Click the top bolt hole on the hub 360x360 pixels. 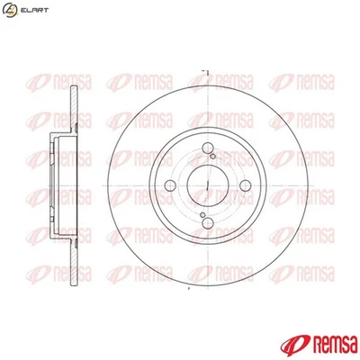[208, 148]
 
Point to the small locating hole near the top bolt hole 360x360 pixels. [212, 157]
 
